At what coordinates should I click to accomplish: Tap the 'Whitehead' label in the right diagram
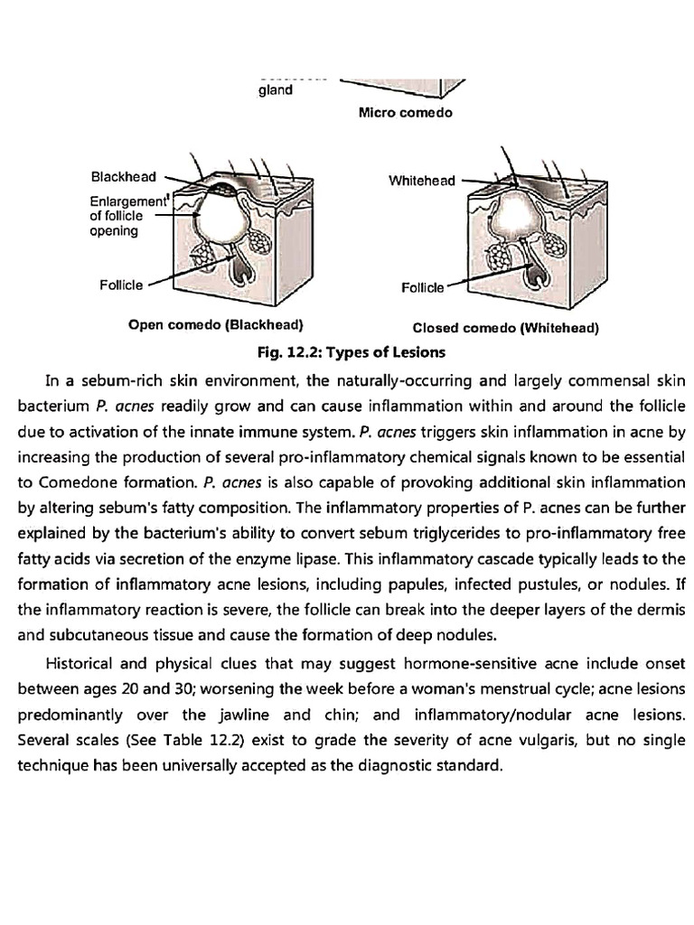tap(422, 181)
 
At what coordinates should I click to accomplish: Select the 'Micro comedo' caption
tap(405, 113)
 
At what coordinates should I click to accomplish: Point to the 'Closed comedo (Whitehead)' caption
tap(506, 328)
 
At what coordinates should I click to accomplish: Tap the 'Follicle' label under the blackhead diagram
tap(121, 285)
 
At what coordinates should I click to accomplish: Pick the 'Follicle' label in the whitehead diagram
tap(423, 288)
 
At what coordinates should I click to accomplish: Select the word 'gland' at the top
tap(275, 90)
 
